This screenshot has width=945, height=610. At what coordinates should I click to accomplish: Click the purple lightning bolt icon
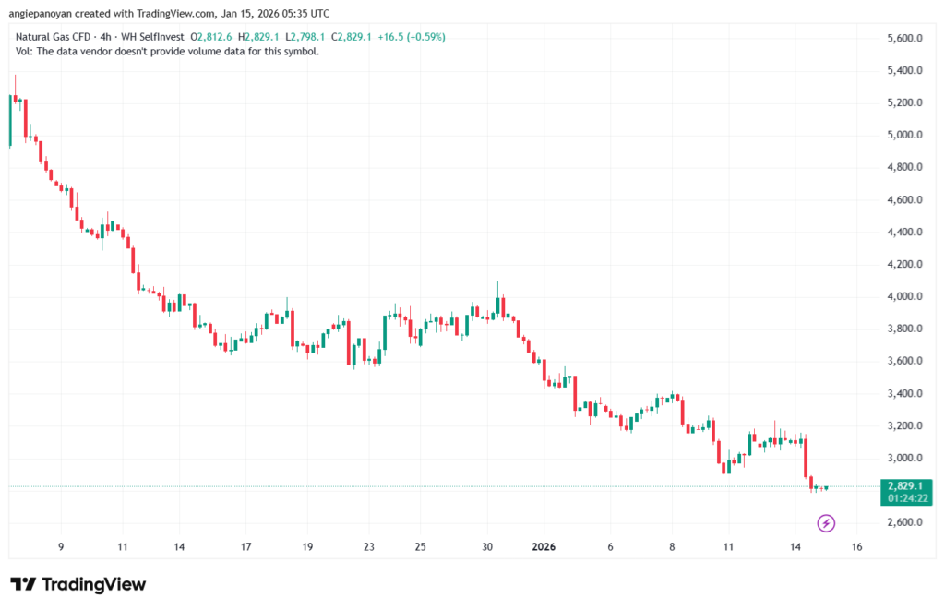pos(827,524)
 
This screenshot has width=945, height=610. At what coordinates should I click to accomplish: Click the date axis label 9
pos(60,546)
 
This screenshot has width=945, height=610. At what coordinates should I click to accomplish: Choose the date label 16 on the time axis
pos(856,546)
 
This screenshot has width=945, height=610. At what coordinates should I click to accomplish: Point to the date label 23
pos(368,546)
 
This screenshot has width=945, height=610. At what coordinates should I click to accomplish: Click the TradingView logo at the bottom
pos(78,584)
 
